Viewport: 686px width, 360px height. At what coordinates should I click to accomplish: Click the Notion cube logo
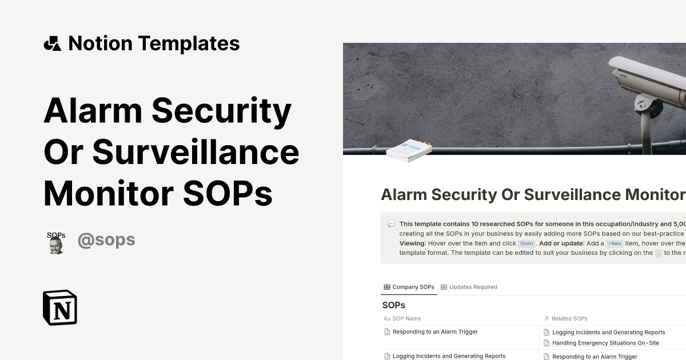[x=60, y=307]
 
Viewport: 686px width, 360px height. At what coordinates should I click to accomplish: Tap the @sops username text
[x=106, y=239]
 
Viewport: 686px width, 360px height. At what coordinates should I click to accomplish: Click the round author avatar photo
[x=55, y=243]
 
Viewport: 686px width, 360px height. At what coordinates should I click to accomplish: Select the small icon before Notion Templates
[x=53, y=43]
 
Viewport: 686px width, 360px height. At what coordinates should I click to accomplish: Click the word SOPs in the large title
[x=228, y=194]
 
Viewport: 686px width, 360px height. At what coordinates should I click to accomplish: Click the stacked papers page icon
[x=409, y=150]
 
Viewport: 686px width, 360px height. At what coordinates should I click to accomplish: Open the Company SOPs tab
[x=409, y=287]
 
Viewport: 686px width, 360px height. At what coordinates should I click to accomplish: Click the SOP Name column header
[x=406, y=318]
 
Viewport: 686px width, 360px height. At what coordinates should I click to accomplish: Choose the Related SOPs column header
[x=569, y=318]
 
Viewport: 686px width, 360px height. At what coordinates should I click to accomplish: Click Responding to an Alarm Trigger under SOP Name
[x=435, y=331]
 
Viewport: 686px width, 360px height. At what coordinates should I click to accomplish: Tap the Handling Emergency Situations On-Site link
[x=605, y=343]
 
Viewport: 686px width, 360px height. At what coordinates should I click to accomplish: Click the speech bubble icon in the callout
[x=391, y=224]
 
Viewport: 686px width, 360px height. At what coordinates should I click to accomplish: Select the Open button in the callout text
[x=527, y=243]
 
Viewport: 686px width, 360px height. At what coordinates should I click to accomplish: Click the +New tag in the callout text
[x=615, y=243]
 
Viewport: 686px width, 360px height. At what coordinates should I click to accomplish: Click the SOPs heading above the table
[x=393, y=305]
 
